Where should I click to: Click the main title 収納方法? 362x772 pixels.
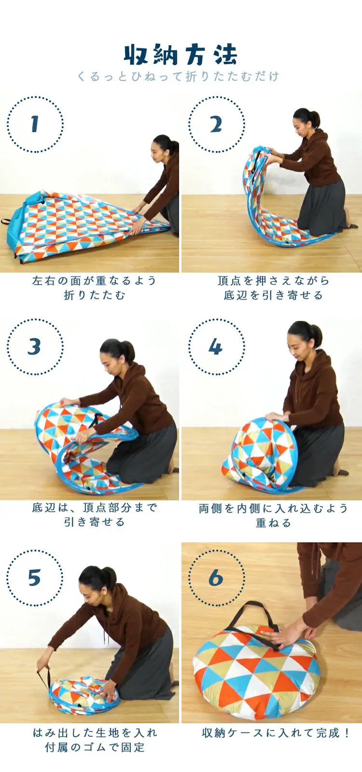181,55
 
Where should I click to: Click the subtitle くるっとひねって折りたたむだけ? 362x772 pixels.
178,76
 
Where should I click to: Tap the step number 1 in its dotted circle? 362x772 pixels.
35,124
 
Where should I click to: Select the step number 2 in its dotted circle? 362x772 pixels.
216,124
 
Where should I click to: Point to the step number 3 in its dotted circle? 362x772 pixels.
34,346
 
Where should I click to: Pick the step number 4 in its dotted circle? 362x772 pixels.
216,346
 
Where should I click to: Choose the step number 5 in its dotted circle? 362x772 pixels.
34,578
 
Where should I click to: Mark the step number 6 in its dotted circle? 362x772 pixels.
216,578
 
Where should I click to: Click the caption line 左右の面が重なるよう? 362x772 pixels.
95,281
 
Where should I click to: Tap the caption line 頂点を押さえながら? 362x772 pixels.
273,281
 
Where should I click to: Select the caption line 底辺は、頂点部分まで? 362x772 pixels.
95,508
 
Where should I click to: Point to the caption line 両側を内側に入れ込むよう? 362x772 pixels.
273,509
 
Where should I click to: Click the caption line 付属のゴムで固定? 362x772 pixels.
95,747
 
